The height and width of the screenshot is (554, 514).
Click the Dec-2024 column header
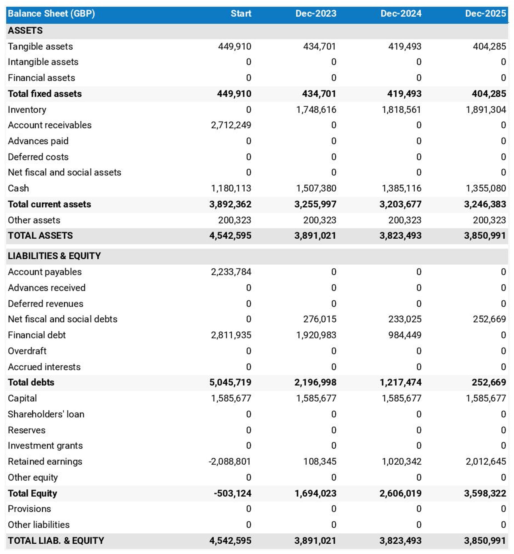(x=401, y=13)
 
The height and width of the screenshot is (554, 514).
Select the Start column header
(x=241, y=13)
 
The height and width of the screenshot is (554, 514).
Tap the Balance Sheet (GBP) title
(x=51, y=13)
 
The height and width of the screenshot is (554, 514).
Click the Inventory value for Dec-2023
(x=316, y=109)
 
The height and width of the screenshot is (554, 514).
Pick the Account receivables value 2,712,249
(x=231, y=125)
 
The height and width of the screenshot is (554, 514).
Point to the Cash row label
(x=18, y=188)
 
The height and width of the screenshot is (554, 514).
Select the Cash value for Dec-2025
(x=486, y=188)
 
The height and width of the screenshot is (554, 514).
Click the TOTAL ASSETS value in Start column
(x=230, y=236)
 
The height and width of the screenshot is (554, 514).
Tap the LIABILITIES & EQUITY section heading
(x=54, y=256)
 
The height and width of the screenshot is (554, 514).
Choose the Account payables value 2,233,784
(x=231, y=272)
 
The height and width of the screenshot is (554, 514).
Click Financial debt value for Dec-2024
(x=405, y=335)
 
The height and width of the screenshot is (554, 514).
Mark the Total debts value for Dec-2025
(x=489, y=382)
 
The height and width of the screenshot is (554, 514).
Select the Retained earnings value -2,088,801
(x=230, y=461)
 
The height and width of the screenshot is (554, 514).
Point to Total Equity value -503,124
(x=232, y=493)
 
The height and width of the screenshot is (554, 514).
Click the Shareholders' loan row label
(x=46, y=414)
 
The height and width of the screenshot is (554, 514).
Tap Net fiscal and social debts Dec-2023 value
(x=320, y=319)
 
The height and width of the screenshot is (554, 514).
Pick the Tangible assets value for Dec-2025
(x=489, y=46)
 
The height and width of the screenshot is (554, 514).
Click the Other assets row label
(x=34, y=220)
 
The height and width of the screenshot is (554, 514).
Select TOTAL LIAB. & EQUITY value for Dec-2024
(x=400, y=541)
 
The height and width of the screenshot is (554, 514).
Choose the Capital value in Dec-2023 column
(x=316, y=398)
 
